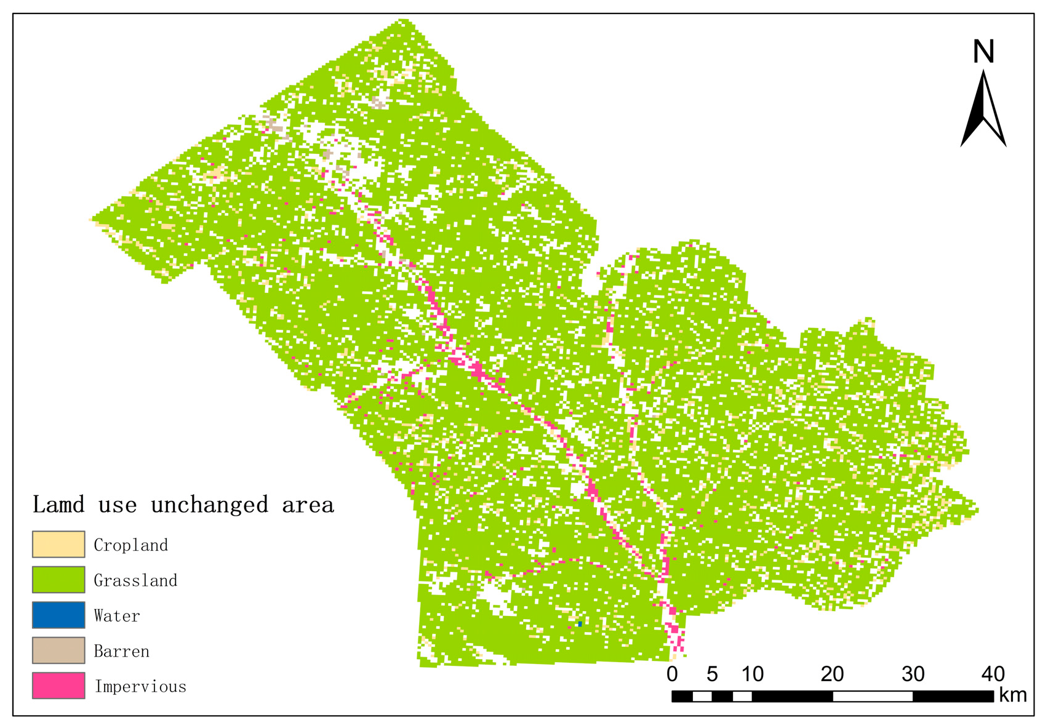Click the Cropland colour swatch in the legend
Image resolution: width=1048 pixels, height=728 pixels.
point(58,544)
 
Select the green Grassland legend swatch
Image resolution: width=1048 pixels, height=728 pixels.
point(58,580)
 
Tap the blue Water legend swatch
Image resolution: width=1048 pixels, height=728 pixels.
point(58,615)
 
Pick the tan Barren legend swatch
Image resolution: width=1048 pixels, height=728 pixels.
point(58,650)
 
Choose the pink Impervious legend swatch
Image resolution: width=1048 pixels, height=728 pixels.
point(58,686)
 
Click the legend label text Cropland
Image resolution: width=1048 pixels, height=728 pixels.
point(130,545)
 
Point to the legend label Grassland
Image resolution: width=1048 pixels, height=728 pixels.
point(135,580)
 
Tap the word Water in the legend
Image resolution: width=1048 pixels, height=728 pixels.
point(117,616)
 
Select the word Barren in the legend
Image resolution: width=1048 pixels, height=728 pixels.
point(121,651)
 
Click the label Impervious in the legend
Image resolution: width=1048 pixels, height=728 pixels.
point(140,687)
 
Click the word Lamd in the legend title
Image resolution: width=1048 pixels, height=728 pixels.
point(58,505)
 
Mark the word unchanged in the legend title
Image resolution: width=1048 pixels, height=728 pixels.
point(210,505)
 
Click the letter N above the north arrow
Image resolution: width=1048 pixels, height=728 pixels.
point(983,52)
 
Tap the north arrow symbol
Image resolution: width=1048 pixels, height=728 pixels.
point(983,111)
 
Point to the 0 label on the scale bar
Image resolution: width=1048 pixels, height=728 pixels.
point(672,674)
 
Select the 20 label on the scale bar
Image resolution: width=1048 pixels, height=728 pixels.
point(832,674)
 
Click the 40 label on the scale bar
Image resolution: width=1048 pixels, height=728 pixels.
point(993,674)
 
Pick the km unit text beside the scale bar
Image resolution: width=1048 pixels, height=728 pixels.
point(1012,695)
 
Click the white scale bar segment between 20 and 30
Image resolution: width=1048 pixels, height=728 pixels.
point(873,696)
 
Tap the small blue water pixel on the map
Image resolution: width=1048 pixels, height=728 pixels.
point(580,624)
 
